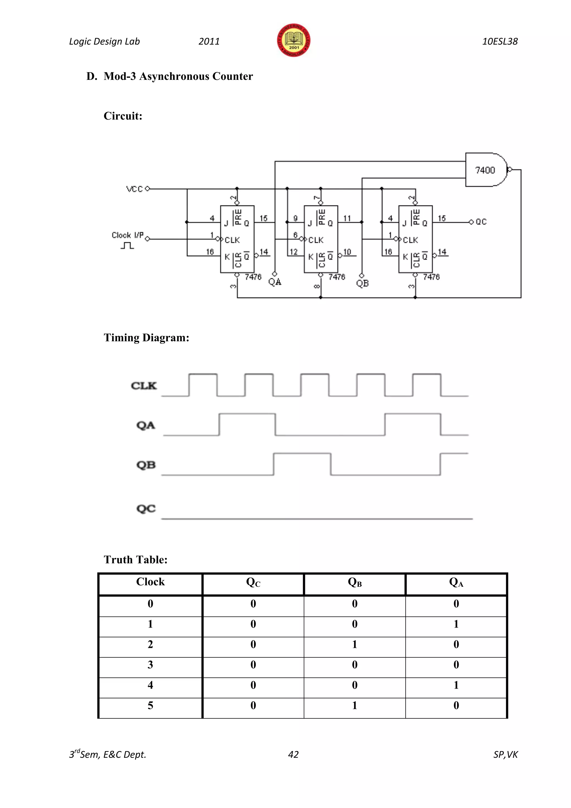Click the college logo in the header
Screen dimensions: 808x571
coord(293,40)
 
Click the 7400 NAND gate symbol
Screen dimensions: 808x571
coord(486,170)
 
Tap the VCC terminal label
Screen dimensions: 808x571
coord(134,189)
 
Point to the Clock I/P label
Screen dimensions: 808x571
coord(127,235)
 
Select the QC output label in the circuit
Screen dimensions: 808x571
coord(481,222)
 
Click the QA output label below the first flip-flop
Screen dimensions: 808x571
coord(275,282)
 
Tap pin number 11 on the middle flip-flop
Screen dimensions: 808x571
coord(347,218)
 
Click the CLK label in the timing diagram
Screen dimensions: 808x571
coord(144,386)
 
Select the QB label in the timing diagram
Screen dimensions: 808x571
coord(146,465)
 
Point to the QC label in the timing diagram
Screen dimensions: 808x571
coord(146,509)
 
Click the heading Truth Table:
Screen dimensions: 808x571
coord(136,560)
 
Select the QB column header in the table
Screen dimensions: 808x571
coord(354,582)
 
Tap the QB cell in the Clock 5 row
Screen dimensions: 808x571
coord(354,705)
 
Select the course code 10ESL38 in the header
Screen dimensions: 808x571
coord(500,42)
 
